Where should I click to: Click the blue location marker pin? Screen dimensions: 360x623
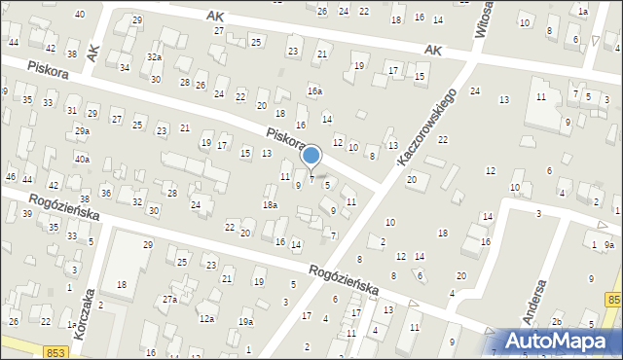pos(311,157)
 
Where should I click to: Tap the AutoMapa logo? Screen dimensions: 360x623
pos(560,341)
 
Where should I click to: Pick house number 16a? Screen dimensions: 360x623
pos(314,90)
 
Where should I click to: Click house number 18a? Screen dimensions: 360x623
pos(270,204)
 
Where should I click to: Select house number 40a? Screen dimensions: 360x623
pos(83,159)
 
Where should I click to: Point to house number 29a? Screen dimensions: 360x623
pos(83,130)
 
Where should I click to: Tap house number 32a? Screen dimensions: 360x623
pos(154,57)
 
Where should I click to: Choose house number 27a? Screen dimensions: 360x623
pos(169,299)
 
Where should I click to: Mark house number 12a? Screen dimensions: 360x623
pos(206,318)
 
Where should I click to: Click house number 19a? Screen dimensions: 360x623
pos(246,322)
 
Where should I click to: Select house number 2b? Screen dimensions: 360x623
pos(557,321)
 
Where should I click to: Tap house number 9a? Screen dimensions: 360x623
pos(608,245)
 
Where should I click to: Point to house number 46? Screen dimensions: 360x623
pos(11,176)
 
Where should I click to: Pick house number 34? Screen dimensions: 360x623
pos(124,67)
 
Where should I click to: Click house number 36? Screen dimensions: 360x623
pos(106,193)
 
